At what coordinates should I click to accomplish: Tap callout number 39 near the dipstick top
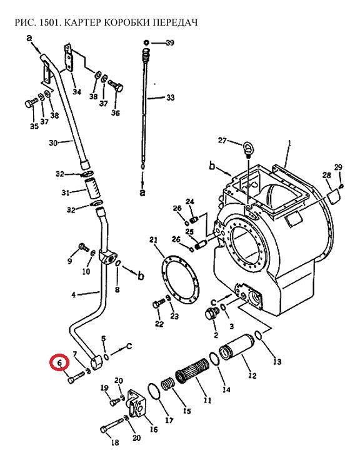[170, 42]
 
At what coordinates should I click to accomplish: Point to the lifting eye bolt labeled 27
[247, 149]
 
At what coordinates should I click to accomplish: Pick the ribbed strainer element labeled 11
[192, 371]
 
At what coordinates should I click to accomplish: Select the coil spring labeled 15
[168, 384]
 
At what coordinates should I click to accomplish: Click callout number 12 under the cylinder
[252, 376]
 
